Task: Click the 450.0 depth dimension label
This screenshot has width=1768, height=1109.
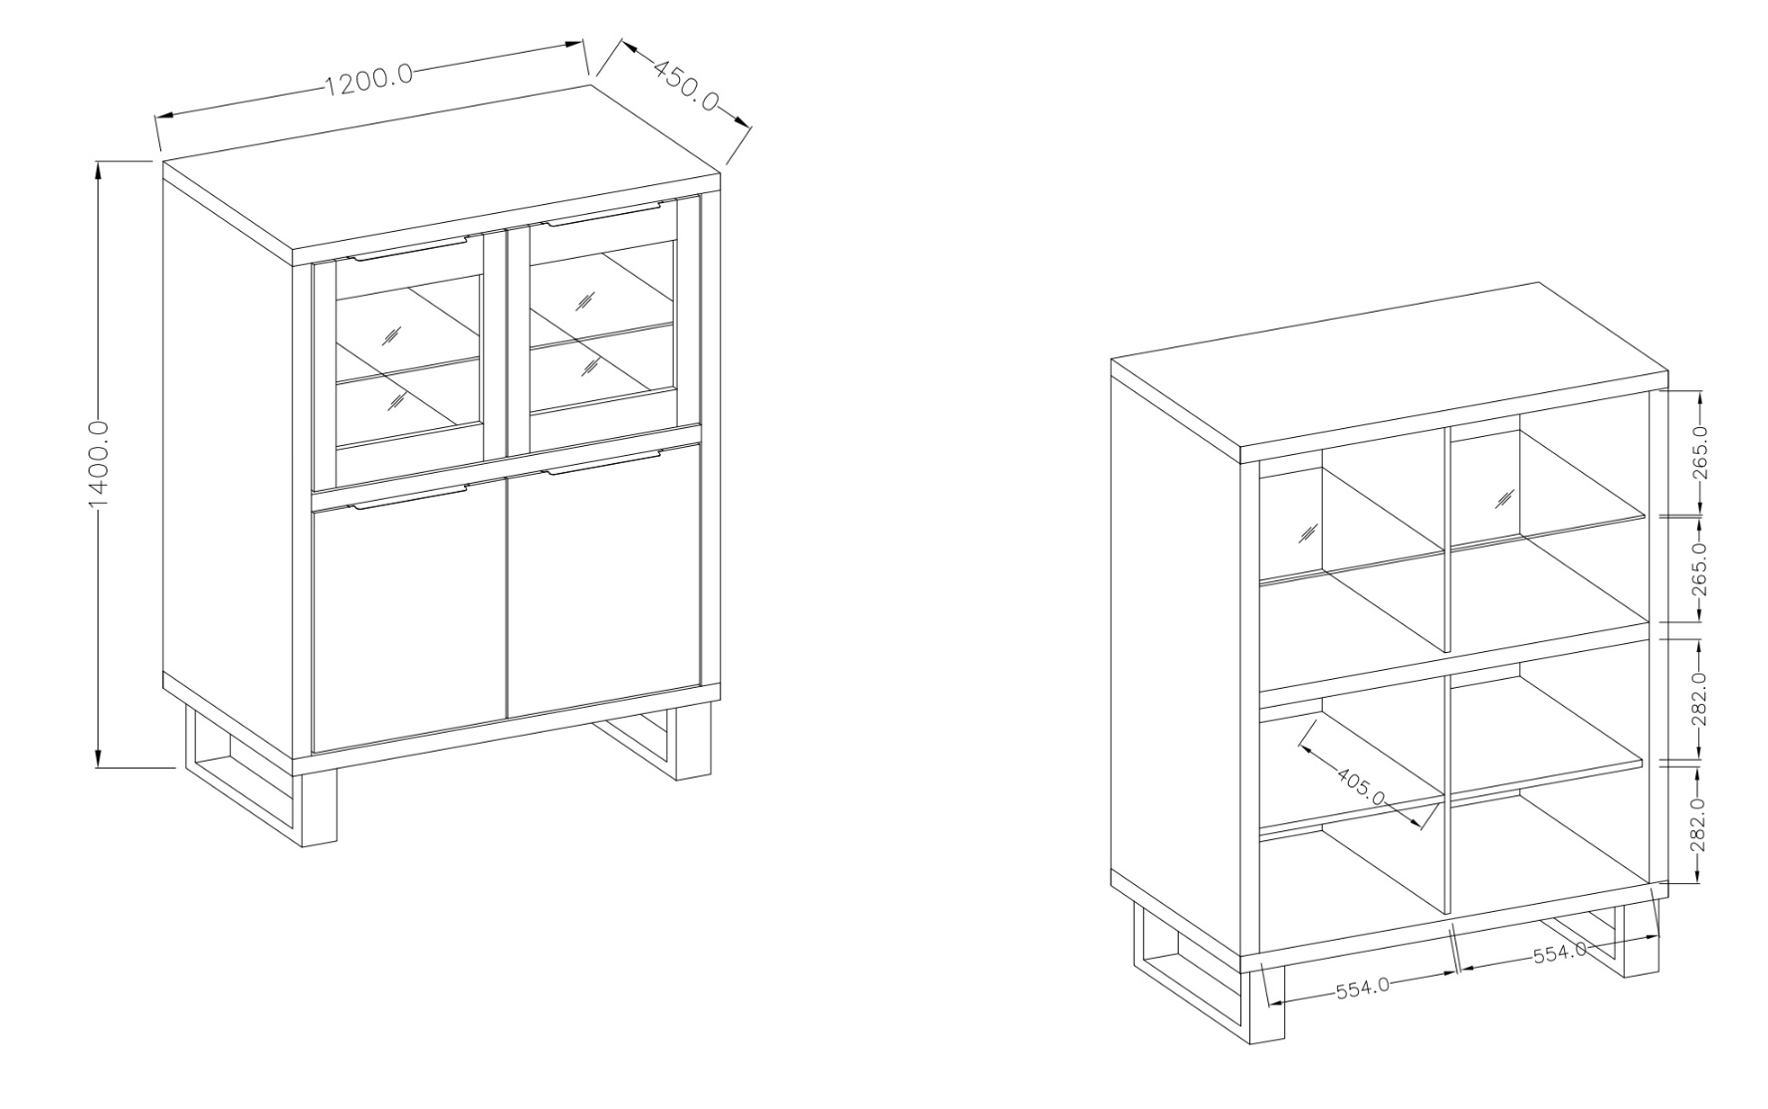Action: point(686,85)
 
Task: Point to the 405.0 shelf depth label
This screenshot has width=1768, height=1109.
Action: point(1361,785)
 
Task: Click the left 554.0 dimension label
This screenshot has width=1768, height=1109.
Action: point(1363,990)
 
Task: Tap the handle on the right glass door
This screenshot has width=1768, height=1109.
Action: point(603,215)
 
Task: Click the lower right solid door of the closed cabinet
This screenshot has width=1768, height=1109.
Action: point(604,582)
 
